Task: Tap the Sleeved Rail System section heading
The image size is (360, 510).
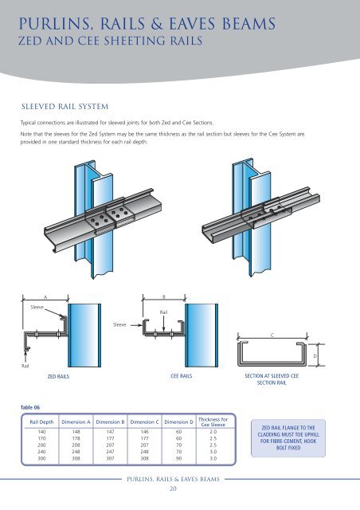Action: [64, 104]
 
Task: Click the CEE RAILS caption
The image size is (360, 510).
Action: [183, 373]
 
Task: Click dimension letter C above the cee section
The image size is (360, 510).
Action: [272, 335]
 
